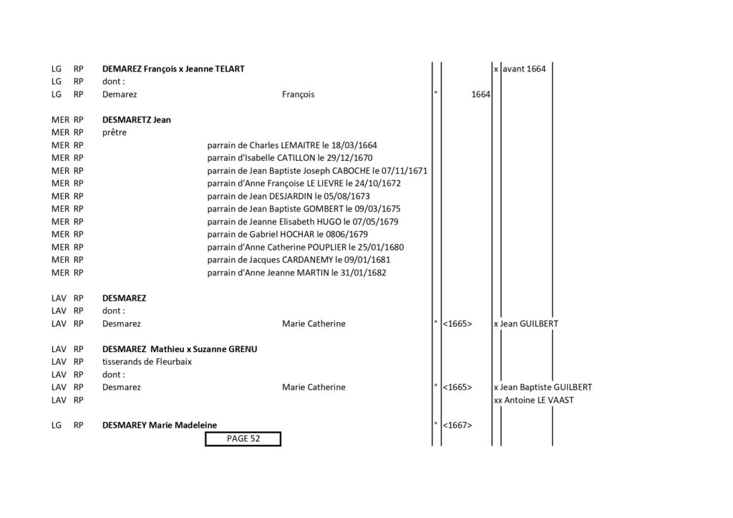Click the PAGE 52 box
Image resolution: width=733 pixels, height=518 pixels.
click(243, 439)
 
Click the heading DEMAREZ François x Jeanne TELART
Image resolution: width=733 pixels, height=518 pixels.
click(173, 69)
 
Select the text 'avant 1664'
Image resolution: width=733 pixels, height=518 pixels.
click(524, 69)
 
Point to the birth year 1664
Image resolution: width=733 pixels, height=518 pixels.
click(480, 94)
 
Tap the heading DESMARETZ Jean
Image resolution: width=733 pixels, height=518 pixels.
click(137, 120)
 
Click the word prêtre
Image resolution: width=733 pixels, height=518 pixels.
click(115, 132)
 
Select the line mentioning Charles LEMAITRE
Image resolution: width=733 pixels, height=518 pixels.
click(292, 145)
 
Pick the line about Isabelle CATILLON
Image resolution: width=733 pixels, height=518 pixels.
click(290, 158)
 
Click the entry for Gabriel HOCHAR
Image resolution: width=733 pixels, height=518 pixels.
click(288, 235)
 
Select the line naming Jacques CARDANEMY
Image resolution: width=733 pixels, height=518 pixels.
click(298, 260)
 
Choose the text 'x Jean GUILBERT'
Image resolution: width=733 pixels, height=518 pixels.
click(526, 323)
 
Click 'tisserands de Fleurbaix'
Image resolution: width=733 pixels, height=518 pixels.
click(147, 362)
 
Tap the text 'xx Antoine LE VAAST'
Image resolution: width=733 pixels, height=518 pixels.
click(533, 400)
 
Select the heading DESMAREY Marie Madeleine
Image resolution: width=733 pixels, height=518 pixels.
click(160, 426)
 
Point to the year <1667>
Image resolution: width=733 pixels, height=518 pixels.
click(457, 426)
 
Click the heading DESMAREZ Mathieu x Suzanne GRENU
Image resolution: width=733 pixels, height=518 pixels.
click(180, 349)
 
